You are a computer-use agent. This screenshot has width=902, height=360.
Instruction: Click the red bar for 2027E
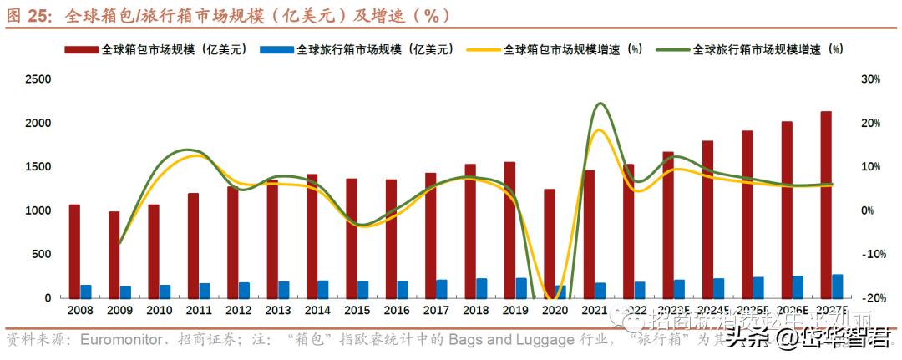(826, 205)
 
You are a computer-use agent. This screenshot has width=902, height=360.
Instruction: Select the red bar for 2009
(114, 255)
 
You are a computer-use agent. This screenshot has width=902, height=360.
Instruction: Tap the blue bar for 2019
(521, 288)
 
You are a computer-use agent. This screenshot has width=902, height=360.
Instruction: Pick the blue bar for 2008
(86, 292)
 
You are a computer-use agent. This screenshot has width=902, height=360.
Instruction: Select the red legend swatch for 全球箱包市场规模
(81, 50)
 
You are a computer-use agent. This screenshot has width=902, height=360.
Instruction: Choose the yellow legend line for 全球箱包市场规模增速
(482, 50)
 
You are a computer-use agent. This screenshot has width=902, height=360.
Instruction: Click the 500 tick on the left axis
(42, 254)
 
